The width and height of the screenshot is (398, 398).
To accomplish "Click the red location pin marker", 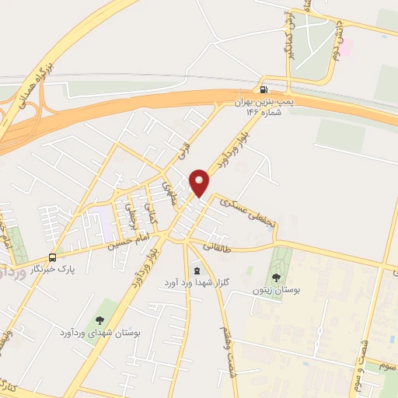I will coord(201,183).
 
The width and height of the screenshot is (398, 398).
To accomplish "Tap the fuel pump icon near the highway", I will coord(267,89).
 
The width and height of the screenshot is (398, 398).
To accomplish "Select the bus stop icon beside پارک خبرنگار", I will coord(53,257).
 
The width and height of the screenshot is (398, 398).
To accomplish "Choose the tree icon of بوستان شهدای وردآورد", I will coord(99,319).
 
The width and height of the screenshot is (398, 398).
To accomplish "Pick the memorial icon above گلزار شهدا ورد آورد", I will coord(195,271).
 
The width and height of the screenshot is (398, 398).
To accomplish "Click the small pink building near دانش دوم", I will coord(345,48).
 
